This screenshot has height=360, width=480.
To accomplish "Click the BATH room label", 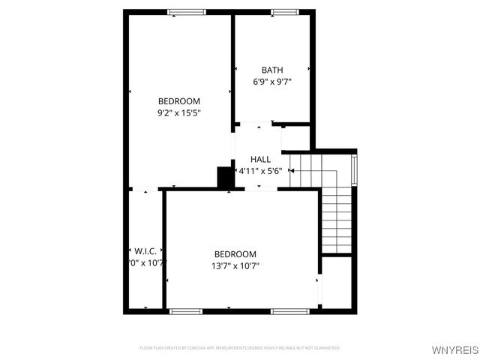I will pyautogui.click(x=271, y=70).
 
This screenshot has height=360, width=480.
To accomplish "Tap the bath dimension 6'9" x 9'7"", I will pyautogui.click(x=271, y=82).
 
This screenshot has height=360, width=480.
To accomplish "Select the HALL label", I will pyautogui.click(x=260, y=159).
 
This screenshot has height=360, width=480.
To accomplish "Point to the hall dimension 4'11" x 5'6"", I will pyautogui.click(x=259, y=171).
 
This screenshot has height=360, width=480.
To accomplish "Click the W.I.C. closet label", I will pyautogui.click(x=145, y=250).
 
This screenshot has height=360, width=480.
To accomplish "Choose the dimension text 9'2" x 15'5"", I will pyautogui.click(x=178, y=113).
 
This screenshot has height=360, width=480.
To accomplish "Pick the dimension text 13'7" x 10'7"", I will pyautogui.click(x=235, y=265).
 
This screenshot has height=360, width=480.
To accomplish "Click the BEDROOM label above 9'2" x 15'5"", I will pyautogui.click(x=178, y=101).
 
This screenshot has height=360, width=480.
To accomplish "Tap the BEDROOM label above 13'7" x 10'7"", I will pyautogui.click(x=235, y=253).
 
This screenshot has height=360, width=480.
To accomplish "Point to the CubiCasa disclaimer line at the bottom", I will pyautogui.click(x=240, y=348).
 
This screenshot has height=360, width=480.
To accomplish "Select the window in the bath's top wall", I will pyautogui.click(x=284, y=12).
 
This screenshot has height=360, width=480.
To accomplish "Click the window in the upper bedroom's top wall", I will pyautogui.click(x=187, y=12).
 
